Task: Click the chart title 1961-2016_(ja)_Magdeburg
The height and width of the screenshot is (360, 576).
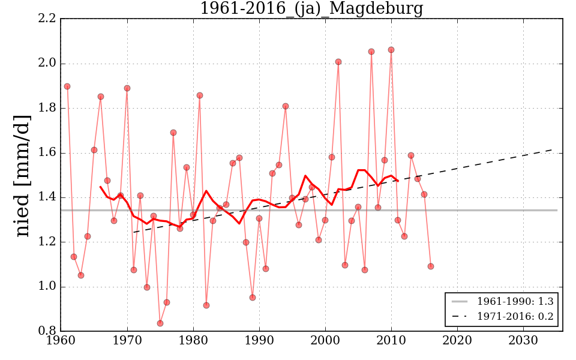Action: pos(311,9)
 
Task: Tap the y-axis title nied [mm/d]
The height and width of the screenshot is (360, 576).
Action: pos(23,175)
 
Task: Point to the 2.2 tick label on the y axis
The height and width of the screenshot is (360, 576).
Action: pos(47,19)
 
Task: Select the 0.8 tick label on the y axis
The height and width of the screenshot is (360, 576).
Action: pos(47,331)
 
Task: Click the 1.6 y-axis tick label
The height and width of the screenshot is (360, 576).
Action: pos(47,153)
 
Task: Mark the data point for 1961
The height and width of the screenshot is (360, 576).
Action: pos(67,86)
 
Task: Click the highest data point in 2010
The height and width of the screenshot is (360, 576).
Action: pos(391,50)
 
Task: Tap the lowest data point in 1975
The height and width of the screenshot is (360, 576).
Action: pos(160,323)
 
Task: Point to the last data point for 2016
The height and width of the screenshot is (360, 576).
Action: pos(431,266)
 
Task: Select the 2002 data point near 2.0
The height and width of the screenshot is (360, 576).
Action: pos(338,62)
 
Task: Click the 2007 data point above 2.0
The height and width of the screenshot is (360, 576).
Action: pos(371,52)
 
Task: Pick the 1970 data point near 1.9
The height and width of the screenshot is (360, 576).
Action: pos(127,88)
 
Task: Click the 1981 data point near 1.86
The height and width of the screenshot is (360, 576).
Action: pos(200,95)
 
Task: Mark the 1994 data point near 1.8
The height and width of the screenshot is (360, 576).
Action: pos(286,106)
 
